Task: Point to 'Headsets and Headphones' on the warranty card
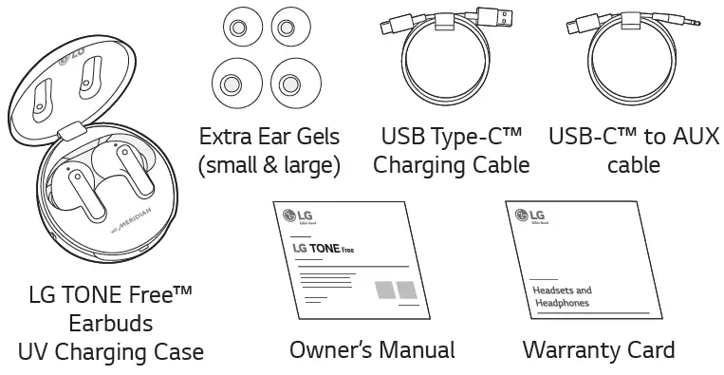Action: pos(557,296)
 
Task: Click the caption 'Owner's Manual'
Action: pos(372,350)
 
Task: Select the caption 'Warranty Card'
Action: pos(599,350)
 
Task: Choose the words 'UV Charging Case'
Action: pos(111,352)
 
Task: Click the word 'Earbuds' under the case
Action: pos(111,324)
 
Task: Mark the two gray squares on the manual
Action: pos(396,290)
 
